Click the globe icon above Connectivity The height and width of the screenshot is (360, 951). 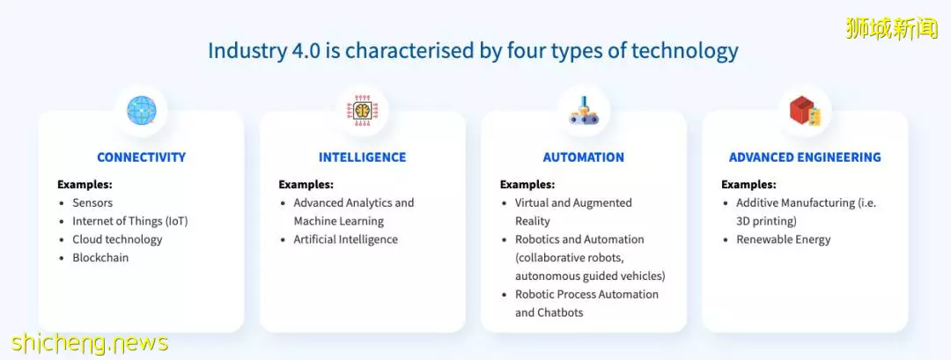[x=141, y=111]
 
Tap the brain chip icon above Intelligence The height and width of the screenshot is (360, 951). [x=363, y=111]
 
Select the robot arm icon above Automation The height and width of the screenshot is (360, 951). [x=584, y=111]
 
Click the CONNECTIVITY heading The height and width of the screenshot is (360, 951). [x=141, y=158]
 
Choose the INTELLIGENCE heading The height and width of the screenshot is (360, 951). [x=363, y=158]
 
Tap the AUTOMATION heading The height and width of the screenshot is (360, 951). [x=584, y=158]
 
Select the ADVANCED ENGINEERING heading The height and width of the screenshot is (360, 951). [x=805, y=158]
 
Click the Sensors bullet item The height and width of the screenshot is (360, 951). [x=92, y=203]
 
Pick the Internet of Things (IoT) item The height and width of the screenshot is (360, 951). [x=130, y=221]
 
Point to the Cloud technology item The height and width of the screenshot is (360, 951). [x=118, y=239]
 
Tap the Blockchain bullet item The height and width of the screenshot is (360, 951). [x=100, y=258]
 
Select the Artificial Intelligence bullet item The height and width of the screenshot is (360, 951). [x=346, y=239]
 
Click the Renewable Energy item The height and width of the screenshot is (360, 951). [x=784, y=239]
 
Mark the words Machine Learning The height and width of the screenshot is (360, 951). [x=339, y=221]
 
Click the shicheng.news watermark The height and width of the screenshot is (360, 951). [x=89, y=344]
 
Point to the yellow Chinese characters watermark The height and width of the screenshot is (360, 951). [x=891, y=28]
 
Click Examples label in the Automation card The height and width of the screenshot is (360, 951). [x=527, y=185]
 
